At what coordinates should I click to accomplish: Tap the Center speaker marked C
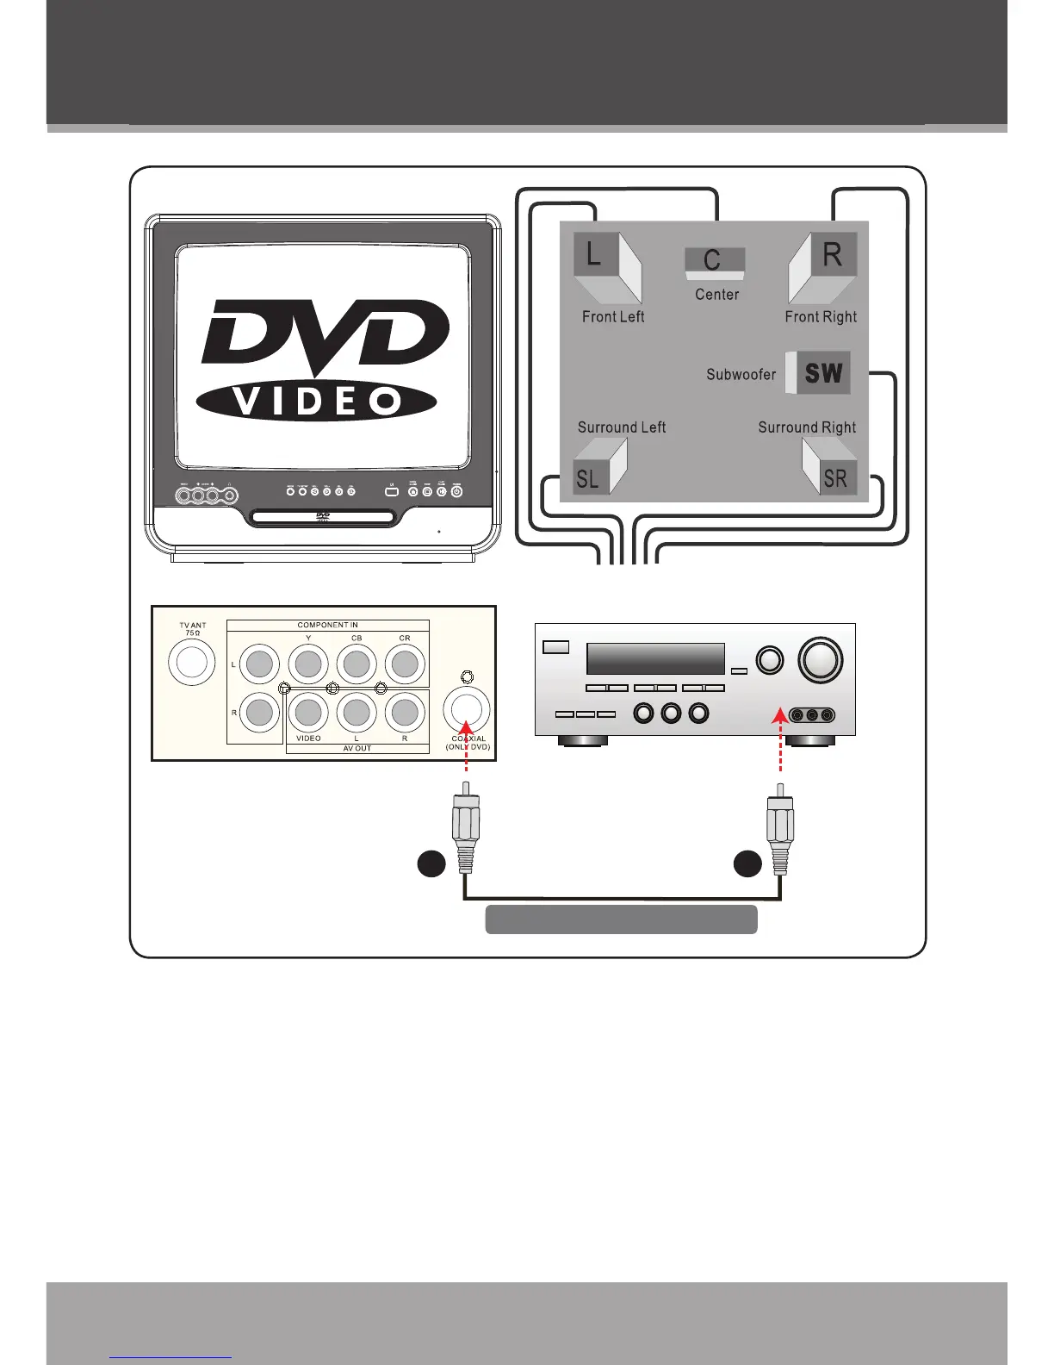(715, 263)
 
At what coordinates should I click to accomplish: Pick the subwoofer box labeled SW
(819, 372)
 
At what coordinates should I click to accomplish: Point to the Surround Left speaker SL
(599, 467)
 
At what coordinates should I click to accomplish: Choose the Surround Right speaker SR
(828, 467)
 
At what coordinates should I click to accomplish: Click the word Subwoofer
(741, 375)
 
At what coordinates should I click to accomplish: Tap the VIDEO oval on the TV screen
(316, 401)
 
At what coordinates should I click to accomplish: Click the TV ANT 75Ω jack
(191, 663)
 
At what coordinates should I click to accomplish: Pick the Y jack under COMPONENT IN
(308, 664)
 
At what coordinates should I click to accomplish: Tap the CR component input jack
(405, 664)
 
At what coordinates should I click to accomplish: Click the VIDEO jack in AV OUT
(308, 713)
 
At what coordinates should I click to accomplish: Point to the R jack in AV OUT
(405, 713)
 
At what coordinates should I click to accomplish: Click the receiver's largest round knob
(821, 659)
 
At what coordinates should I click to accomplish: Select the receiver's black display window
(655, 659)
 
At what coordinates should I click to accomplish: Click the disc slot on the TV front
(323, 518)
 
